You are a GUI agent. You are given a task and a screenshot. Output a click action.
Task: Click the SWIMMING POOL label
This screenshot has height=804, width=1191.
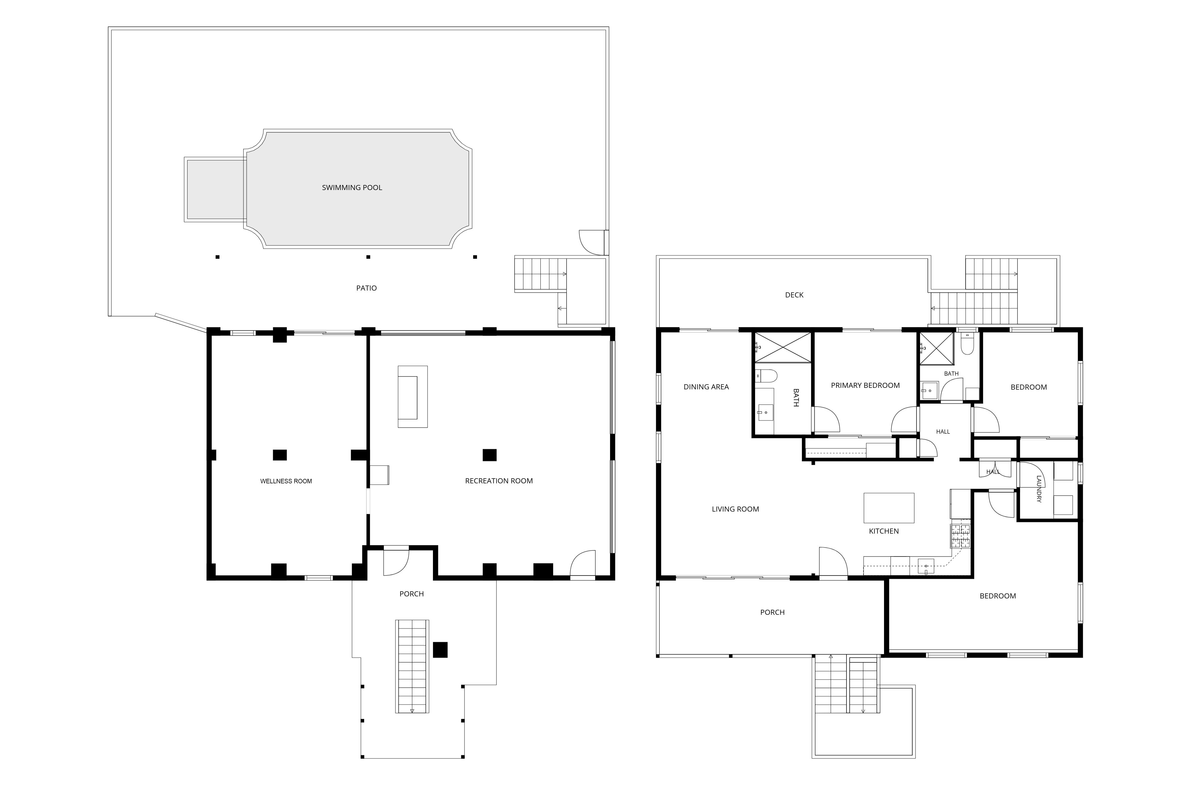tap(352, 187)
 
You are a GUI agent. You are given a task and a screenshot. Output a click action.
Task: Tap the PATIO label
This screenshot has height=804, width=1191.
tap(367, 288)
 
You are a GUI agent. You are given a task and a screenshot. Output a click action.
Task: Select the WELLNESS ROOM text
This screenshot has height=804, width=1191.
tap(286, 481)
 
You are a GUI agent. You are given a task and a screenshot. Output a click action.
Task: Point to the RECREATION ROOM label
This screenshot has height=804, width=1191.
tap(499, 481)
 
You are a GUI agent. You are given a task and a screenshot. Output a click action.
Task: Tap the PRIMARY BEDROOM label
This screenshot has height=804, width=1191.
tap(865, 385)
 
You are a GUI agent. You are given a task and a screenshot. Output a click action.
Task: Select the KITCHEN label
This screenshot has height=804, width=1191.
tap(883, 531)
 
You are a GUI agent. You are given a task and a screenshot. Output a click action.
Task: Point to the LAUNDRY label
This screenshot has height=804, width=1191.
tap(1039, 489)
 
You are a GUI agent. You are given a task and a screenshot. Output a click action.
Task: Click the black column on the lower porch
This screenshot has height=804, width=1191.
tap(440, 650)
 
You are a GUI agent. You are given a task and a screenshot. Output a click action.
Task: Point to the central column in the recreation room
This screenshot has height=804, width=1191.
tap(490, 455)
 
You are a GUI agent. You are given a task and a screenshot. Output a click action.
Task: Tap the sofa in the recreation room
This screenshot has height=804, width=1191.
tap(413, 397)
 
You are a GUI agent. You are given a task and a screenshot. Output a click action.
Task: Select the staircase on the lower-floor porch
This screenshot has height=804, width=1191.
tap(412, 666)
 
